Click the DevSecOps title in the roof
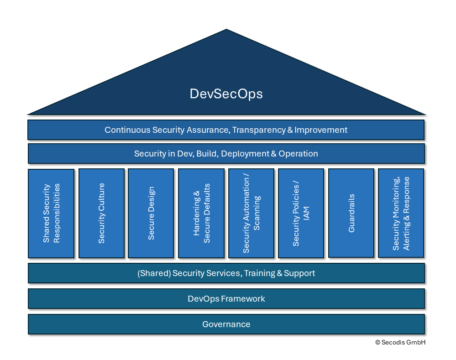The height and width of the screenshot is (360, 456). pyautogui.click(x=226, y=94)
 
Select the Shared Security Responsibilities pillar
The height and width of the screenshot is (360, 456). pyautogui.click(x=51, y=213)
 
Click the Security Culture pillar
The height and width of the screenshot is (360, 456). pyautogui.click(x=101, y=213)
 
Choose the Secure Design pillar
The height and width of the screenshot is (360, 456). pyautogui.click(x=151, y=213)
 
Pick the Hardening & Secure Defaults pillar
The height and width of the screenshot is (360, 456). pyautogui.click(x=201, y=213)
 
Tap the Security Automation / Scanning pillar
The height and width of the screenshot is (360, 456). pyautogui.click(x=251, y=213)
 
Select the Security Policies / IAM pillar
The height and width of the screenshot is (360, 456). pyautogui.click(x=301, y=213)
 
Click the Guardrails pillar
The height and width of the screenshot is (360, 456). pyautogui.click(x=351, y=213)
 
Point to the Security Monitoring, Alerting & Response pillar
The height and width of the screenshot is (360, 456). pyautogui.click(x=401, y=213)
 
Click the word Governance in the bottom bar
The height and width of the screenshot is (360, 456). pyautogui.click(x=226, y=324)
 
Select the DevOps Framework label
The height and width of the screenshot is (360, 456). pyautogui.click(x=226, y=299)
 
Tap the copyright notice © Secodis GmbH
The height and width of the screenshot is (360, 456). pyautogui.click(x=400, y=342)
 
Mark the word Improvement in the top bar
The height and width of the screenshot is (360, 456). pyautogui.click(x=321, y=130)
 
